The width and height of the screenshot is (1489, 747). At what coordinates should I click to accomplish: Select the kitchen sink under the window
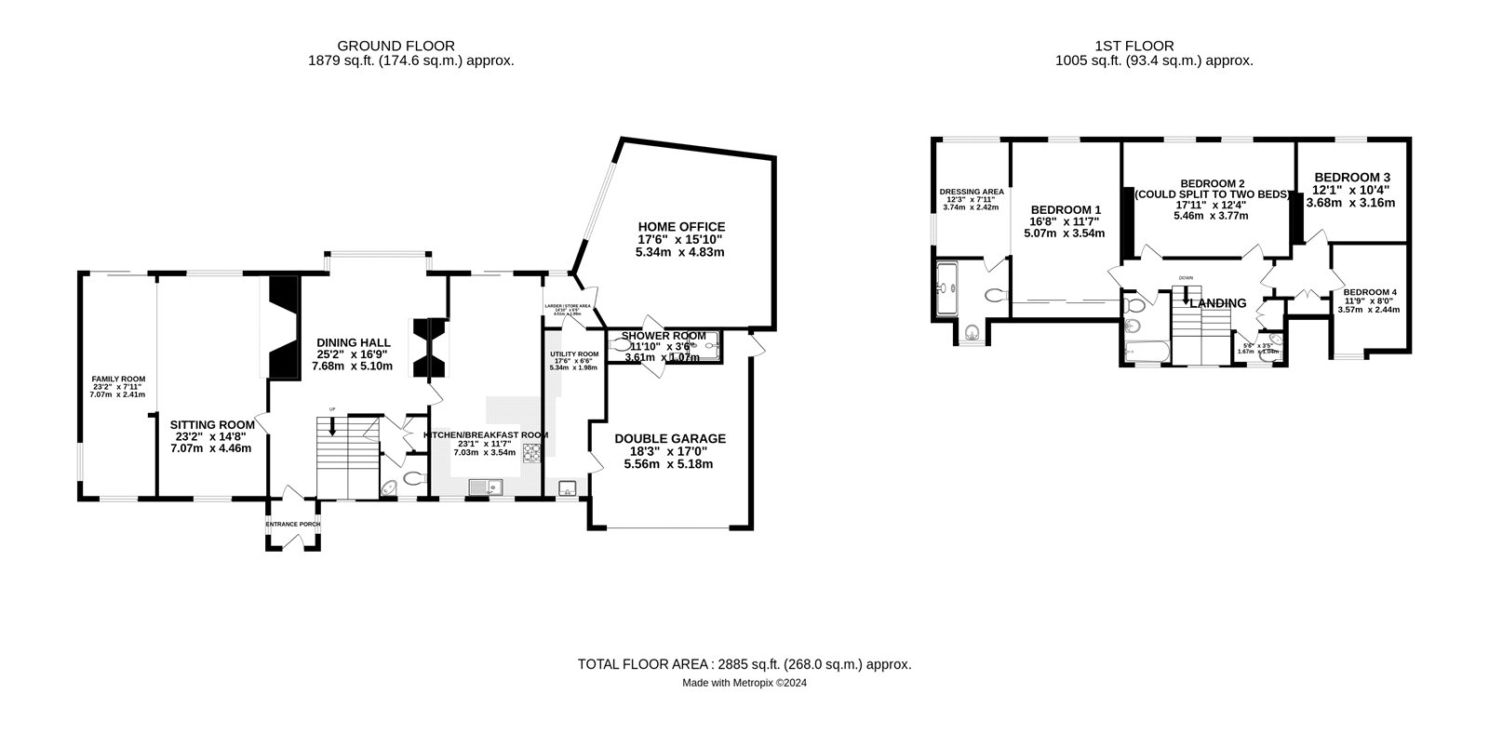pos(484,487)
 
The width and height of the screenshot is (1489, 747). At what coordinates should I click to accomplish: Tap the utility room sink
pos(567,488)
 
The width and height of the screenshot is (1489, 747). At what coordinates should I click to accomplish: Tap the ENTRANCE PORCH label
pos(293,524)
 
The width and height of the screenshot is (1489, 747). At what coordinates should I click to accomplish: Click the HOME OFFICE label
pos(681,226)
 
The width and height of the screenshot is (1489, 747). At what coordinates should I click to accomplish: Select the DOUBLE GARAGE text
pos(669,439)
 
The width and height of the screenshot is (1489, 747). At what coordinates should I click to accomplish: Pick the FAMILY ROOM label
pos(117,379)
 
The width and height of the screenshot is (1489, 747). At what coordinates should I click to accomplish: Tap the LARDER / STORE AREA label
pos(568,305)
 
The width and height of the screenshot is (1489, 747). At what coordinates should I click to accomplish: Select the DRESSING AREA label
pos(972,192)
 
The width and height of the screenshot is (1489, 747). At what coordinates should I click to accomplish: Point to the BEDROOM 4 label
pos(1369,291)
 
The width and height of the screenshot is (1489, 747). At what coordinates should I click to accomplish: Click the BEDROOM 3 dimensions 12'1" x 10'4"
pos(1351,190)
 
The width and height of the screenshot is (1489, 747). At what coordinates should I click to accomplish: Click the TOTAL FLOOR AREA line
pos(744,664)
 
